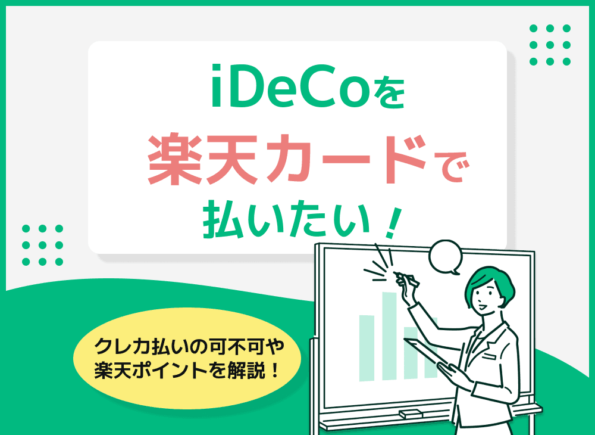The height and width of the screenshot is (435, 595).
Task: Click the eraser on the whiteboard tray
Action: [x=411, y=413]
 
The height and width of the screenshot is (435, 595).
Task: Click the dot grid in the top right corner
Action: [x=550, y=45]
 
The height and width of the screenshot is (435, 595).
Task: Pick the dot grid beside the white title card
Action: [x=42, y=245]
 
